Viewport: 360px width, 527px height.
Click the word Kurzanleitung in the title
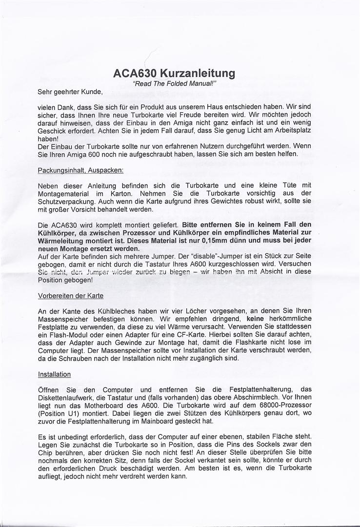click(201, 74)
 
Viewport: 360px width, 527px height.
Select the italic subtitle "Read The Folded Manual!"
click(175, 84)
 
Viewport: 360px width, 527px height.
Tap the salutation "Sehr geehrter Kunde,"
click(70, 91)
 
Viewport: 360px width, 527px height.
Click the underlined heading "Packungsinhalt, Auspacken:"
click(80, 170)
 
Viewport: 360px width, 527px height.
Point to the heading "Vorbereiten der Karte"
click(70, 296)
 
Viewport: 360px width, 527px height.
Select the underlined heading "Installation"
click(54, 374)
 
